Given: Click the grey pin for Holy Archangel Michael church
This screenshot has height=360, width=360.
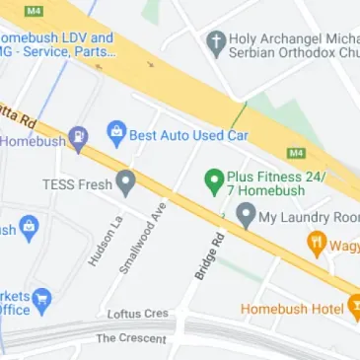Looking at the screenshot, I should (214, 43).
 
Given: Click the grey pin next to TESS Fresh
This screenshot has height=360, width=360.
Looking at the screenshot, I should (125, 182).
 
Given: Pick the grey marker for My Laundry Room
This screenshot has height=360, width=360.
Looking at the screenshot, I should (246, 216).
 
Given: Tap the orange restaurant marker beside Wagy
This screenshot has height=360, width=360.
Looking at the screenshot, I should (317, 241).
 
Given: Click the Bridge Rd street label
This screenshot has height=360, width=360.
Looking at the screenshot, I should (205, 256).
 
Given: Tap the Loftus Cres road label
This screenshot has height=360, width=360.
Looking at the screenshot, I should (138, 315).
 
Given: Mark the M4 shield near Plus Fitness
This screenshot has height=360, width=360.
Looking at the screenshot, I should (294, 153).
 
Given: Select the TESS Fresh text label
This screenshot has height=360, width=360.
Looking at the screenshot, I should (75, 183).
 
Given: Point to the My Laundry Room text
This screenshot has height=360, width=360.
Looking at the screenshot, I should (309, 216).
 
